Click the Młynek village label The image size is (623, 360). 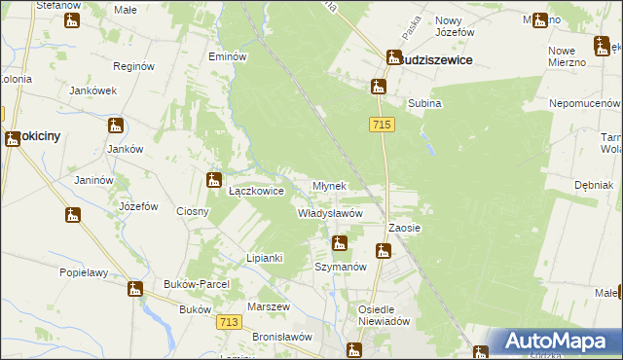click(x=329, y=186)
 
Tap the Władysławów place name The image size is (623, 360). click(x=330, y=213)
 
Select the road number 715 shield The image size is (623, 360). click(x=381, y=125)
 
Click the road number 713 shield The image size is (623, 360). click(x=230, y=323)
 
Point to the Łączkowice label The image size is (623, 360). click(x=256, y=192)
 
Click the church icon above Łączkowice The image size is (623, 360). click(x=214, y=179)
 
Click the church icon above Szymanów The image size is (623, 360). click(x=339, y=243)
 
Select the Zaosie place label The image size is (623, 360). click(x=404, y=228)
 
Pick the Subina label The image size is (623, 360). click(x=424, y=103)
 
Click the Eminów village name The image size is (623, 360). click(x=228, y=56)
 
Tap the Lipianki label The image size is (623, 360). click(x=264, y=258)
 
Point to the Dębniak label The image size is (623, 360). click(x=593, y=185)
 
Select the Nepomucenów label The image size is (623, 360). click(x=585, y=101)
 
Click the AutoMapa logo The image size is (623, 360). click(x=554, y=342)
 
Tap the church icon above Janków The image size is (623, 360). click(x=116, y=126)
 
